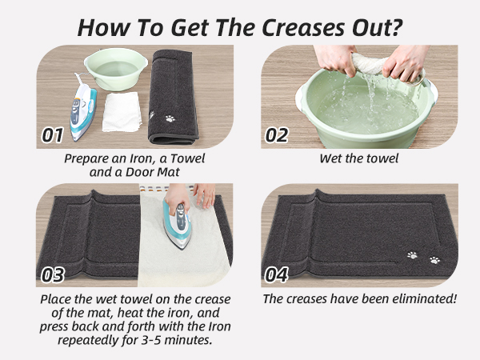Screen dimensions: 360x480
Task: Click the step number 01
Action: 53,134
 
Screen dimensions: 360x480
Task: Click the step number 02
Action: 276,134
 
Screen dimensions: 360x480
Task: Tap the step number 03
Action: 53,274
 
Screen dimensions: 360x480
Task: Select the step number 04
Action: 276,274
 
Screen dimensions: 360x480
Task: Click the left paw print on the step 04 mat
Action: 412,255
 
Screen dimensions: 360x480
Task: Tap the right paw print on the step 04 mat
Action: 435,260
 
